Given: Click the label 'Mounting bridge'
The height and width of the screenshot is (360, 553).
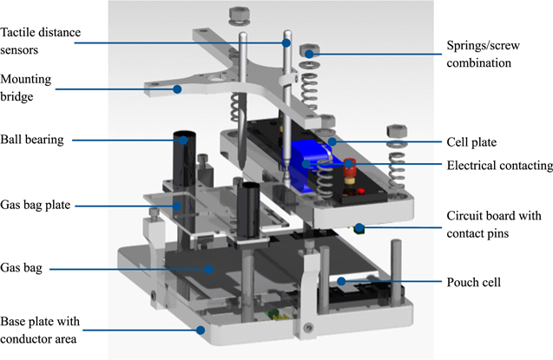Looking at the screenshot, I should [x=29, y=88].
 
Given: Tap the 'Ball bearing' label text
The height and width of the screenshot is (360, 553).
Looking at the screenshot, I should [x=34, y=138].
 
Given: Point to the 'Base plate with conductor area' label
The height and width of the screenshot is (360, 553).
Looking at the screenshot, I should [x=42, y=329].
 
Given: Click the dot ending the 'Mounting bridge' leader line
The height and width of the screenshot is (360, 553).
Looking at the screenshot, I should [x=176, y=88].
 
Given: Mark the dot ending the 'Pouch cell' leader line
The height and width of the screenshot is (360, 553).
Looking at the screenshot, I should [x=342, y=281].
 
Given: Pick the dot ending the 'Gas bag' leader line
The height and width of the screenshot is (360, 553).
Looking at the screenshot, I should [x=208, y=270].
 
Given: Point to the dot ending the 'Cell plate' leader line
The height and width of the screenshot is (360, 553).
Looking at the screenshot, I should [x=328, y=139].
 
